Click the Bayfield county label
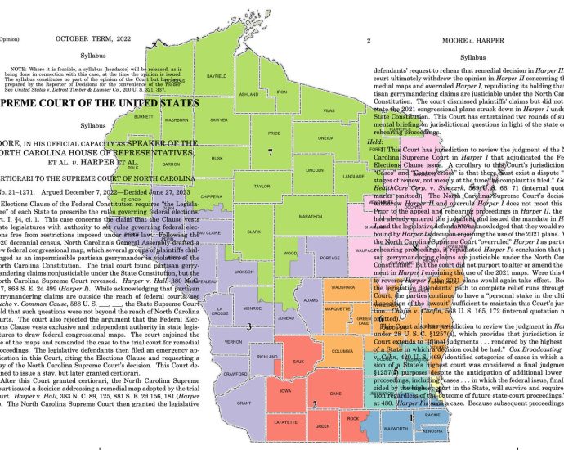(x=216, y=76)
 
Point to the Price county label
(x=275, y=133)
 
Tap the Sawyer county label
(x=218, y=119)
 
